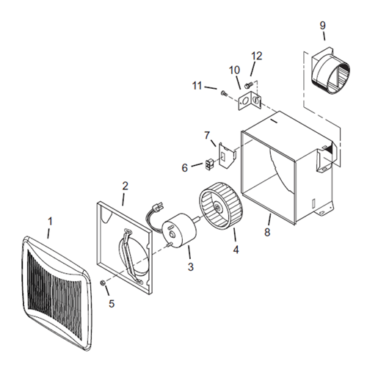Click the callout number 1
click(x=50, y=222)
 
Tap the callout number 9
click(x=322, y=26)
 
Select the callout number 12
click(x=257, y=56)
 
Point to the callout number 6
click(x=185, y=168)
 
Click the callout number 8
click(x=267, y=232)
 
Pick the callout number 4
click(x=236, y=250)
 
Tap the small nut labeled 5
click(x=103, y=283)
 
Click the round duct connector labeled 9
click(x=330, y=71)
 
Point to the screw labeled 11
click(x=224, y=93)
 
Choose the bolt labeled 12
click(x=248, y=85)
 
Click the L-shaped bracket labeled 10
click(x=250, y=101)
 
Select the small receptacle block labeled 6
click(x=208, y=164)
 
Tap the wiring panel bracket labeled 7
click(x=227, y=156)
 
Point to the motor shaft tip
click(x=199, y=219)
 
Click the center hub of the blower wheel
click(x=217, y=207)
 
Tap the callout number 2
click(x=125, y=186)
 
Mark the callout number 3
click(x=191, y=266)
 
